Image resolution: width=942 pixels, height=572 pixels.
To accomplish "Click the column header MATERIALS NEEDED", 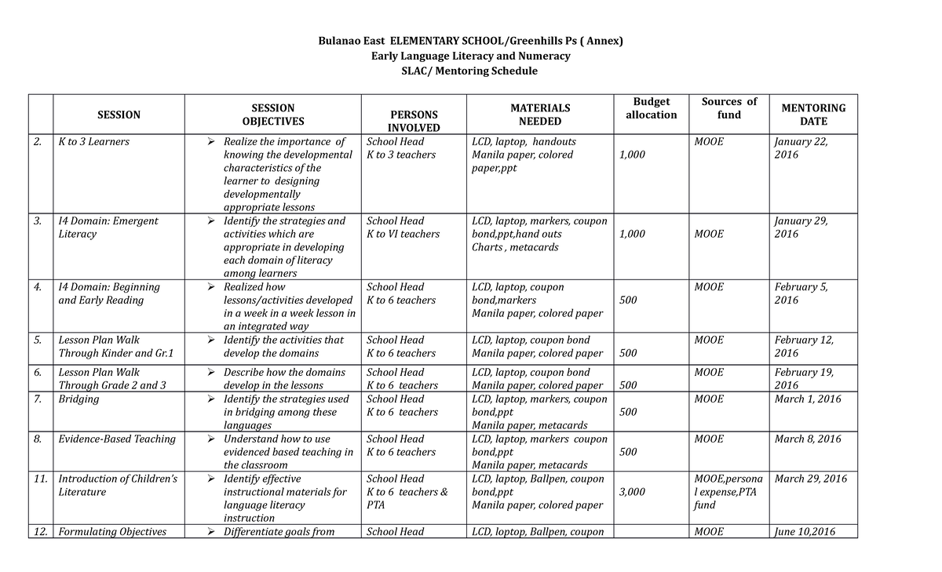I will pos(540,115).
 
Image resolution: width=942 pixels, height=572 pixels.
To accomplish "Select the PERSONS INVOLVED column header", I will pos(414,121).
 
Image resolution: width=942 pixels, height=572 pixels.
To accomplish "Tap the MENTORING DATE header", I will pos(813,115).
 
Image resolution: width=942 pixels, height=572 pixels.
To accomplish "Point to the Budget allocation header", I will pos(651,108).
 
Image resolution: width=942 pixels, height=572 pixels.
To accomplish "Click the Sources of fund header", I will pos(729,108).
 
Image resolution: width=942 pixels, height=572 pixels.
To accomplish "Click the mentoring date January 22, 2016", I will pos(801,148).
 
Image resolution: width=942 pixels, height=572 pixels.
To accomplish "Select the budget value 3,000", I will pos(632,492).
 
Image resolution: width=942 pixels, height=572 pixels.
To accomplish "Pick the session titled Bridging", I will pos(79,399).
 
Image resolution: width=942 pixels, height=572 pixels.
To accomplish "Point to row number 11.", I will pos(41,479).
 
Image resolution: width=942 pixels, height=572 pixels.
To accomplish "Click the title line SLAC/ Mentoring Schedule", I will pos(470,71).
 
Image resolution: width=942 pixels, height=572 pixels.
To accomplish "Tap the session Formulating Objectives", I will pos(112,532).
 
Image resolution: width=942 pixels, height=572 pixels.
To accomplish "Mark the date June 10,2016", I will pos(805,532).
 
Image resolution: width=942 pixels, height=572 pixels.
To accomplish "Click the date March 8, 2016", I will pos(808,439).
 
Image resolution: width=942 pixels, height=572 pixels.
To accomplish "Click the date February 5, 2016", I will pos(802,293).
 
